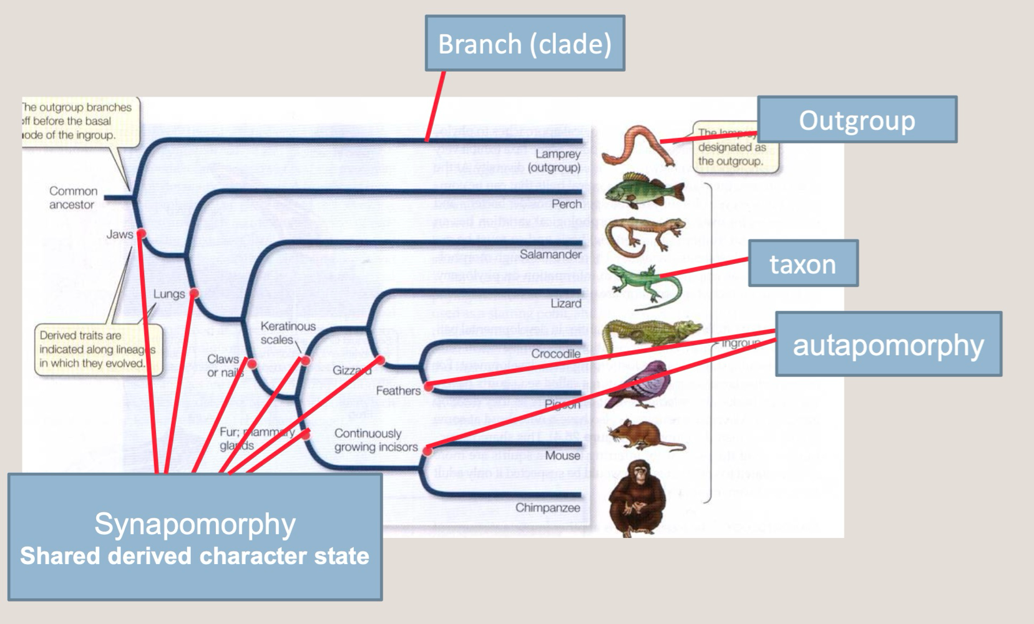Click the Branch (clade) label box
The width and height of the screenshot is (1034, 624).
(x=524, y=44)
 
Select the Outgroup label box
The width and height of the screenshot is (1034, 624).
(x=856, y=120)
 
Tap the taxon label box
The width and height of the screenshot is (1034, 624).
(x=802, y=264)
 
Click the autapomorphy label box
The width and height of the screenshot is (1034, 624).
(x=887, y=344)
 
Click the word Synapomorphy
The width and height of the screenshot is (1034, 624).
(x=195, y=524)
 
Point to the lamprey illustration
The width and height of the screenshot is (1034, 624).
(x=636, y=146)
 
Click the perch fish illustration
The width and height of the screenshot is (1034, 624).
(x=644, y=190)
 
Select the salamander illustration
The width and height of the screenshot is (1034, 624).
(x=643, y=236)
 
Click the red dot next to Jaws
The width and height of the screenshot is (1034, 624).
(x=142, y=233)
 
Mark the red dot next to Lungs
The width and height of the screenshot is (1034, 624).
(x=194, y=293)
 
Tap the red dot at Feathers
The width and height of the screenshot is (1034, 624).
(x=429, y=387)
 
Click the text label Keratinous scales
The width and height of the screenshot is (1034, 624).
(x=287, y=333)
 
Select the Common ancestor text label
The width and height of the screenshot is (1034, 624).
(x=72, y=198)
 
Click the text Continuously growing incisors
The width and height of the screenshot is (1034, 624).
(x=376, y=440)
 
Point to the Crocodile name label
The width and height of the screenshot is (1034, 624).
(x=555, y=354)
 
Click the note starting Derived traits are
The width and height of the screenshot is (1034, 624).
(x=97, y=349)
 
